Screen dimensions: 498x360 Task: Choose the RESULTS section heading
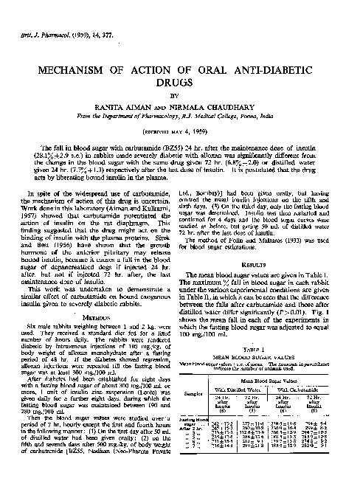(269, 261)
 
